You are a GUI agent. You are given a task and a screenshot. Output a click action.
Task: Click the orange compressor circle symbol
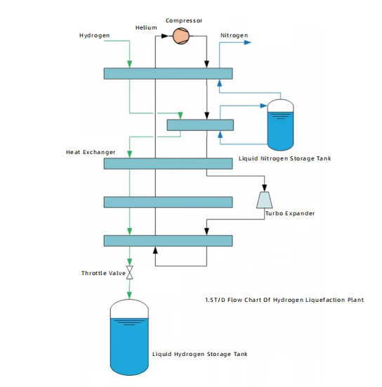coord(181,36)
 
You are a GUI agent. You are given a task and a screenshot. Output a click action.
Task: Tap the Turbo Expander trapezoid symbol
coord(265,200)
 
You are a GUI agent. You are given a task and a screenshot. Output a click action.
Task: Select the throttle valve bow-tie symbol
coord(129,272)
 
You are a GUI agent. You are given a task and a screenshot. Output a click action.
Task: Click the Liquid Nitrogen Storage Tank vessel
coord(280,125)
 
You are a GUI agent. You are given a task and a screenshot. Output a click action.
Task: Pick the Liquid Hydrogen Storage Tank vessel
coord(129,337)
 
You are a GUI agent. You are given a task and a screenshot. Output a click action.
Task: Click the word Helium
coord(146,27)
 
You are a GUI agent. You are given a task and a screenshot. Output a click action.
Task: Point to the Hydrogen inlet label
coord(94,36)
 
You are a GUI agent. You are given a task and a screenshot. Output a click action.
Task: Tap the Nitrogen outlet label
coord(234,36)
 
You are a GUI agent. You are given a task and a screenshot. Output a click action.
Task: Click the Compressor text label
coord(184,20)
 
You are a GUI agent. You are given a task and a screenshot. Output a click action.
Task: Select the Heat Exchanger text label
coord(91,152)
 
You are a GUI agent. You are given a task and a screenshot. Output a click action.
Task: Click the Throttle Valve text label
coord(103,273)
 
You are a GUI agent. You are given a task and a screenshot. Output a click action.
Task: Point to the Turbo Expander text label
coord(290,213)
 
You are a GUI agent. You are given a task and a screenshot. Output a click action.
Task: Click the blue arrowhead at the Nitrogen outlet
coord(247,42)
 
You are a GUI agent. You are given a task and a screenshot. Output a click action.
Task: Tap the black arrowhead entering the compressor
coord(164,36)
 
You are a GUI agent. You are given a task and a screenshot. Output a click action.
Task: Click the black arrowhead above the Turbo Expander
coord(265,188)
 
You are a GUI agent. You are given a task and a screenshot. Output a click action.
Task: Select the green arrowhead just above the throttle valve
coord(129,262)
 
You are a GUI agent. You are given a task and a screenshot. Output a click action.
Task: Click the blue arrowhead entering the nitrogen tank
coord(264,106)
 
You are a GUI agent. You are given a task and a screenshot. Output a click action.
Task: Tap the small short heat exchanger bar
coord(200,125)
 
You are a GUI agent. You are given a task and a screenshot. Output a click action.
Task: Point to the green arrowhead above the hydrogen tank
coord(129,296)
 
